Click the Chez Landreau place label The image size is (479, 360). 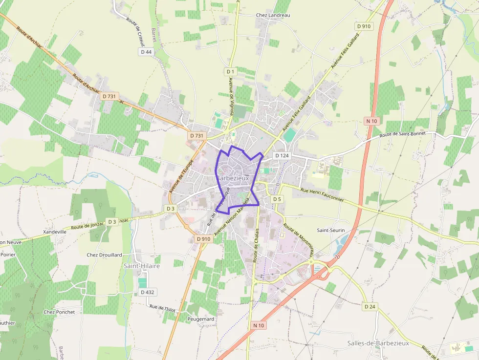273,15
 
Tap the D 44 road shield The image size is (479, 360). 146,52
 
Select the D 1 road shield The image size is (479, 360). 231,72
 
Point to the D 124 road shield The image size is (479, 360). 282,155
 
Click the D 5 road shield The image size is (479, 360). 277,199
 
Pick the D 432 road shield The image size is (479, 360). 147,292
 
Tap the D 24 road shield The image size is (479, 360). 370,307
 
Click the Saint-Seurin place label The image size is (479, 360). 331,230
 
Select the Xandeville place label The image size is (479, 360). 55,232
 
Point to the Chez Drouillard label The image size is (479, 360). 104,255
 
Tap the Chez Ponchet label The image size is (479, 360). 59,312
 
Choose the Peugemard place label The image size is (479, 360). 200,319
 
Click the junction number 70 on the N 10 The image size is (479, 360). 337,256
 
